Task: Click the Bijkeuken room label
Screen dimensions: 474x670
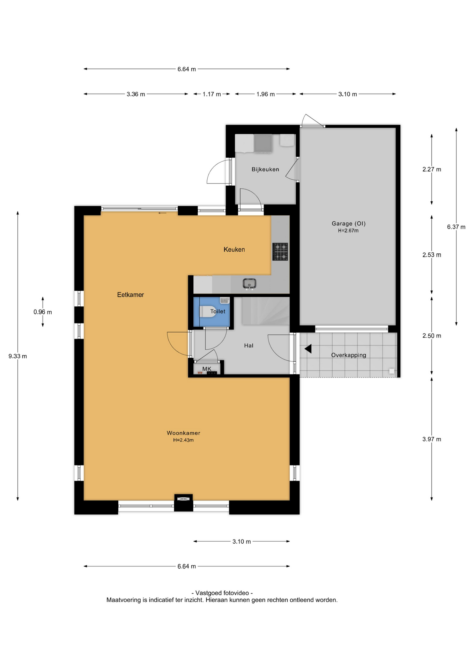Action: pos(265,169)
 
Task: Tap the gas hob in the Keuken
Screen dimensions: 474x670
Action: pos(280,252)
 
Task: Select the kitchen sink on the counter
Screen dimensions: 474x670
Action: pos(249,284)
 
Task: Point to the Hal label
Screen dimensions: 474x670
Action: pos(249,345)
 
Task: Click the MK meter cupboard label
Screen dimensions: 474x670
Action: pos(207,369)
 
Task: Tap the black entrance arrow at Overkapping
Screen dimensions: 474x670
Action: pos(308,349)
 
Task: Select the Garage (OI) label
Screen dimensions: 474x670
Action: pos(348,223)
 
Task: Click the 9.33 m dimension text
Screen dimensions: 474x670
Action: pos(17,356)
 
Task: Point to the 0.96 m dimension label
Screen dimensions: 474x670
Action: pos(43,312)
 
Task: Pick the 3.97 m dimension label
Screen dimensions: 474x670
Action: pos(431,439)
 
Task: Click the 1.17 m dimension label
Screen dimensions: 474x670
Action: pos(212,94)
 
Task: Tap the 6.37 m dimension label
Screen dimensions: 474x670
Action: pos(456,227)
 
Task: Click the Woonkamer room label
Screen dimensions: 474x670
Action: pos(183,433)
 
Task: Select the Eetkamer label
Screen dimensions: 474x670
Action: pos(131,295)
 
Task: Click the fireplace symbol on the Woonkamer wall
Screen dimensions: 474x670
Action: pos(184,499)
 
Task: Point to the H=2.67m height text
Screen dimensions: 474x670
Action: pos(348,231)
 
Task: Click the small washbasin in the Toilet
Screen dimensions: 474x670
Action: pos(224,300)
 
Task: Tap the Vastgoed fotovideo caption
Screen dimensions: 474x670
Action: pos(222,593)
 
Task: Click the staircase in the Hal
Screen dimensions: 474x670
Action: pos(266,311)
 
